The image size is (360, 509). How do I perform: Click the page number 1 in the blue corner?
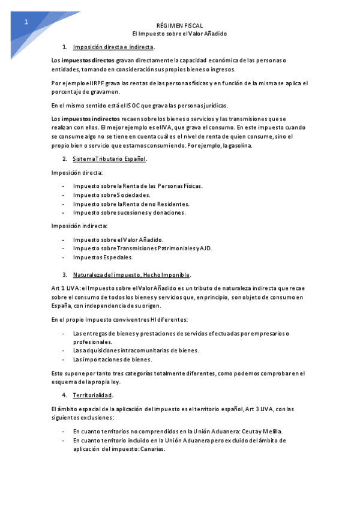(26, 22)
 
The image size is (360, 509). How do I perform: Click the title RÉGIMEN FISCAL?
(179, 26)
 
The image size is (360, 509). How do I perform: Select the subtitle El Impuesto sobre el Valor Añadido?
(179, 34)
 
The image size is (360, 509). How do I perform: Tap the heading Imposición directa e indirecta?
(113, 47)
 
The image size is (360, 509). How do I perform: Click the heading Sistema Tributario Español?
(110, 159)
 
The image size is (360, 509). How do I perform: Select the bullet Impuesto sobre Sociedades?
(112, 194)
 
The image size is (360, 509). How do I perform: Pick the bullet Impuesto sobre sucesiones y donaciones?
(129, 212)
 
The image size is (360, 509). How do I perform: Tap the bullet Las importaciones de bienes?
(112, 360)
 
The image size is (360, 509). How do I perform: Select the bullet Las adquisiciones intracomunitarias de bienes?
(136, 351)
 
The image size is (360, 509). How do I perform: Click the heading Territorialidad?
(92, 396)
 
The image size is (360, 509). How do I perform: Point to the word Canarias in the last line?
(152, 449)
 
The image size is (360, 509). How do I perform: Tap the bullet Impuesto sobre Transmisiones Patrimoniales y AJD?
(142, 248)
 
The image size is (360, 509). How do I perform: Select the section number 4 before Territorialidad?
(64, 396)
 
